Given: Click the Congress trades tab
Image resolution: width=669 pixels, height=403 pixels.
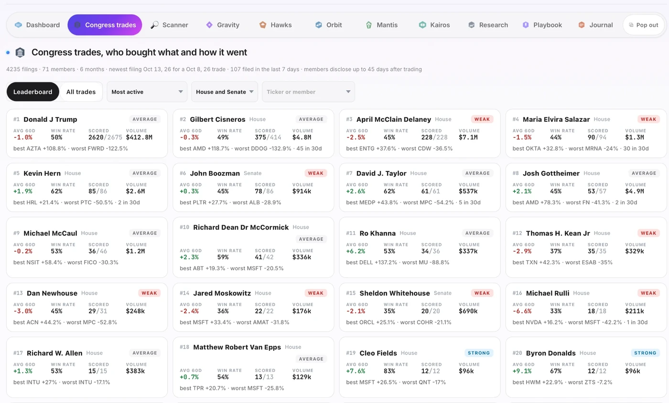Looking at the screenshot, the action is pos(105,25).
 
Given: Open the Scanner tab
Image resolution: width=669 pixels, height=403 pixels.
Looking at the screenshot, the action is pos(169,25).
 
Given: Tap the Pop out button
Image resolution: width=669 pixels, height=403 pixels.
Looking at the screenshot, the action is pos(643,25).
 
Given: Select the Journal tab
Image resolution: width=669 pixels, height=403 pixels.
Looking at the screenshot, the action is pos(595,25).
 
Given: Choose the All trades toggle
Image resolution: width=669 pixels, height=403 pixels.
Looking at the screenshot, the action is pos(81,92).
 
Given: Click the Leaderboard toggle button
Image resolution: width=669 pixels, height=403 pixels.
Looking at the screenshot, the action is pos(33,92).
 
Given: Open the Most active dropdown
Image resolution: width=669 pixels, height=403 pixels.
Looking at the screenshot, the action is pos(147,92).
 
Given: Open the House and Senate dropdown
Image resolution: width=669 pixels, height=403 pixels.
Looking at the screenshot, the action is pos(225,92).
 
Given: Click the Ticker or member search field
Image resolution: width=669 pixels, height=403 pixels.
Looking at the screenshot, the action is pos(308,92).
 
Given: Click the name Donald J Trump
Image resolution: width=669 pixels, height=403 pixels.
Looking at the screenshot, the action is pos(50,119).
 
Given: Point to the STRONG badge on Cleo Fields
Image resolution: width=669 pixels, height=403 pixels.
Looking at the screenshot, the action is pos(479,353).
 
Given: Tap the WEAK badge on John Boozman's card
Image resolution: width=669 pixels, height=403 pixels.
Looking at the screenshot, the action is pos(316,173).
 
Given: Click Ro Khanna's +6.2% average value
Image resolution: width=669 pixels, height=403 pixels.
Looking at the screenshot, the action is pos(356,251).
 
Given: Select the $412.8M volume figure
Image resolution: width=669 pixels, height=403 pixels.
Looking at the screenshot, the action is pos(139,138).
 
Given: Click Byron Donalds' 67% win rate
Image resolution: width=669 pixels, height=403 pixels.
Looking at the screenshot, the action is pos(556,371).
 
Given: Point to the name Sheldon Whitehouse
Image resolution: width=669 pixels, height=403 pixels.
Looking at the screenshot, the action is pos(395,293).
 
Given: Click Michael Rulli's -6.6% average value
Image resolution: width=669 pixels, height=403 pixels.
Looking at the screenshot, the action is pos(522,311).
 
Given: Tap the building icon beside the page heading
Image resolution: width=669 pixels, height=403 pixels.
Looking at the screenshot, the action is pos(20,52).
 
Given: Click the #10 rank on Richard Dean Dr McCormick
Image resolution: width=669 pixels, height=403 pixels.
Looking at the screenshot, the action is pos(184,227).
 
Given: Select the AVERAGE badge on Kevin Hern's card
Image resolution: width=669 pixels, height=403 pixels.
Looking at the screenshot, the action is pos(145,173).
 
